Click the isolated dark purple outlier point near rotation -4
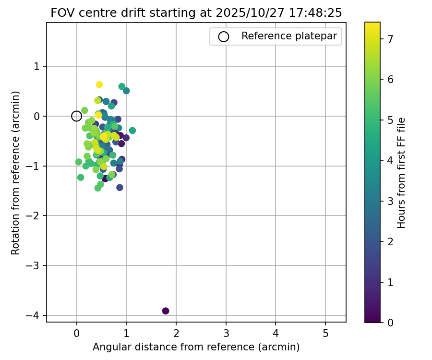(166, 311)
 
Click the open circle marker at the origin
(76, 116)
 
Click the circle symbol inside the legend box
(223, 36)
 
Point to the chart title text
(196, 13)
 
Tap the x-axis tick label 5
(325, 334)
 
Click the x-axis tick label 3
(226, 334)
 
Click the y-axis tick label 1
(37, 66)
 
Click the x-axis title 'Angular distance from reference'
(196, 347)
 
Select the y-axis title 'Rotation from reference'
(16, 173)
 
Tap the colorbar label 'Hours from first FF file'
(402, 173)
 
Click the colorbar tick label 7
(391, 39)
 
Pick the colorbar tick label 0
(391, 323)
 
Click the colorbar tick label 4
(391, 161)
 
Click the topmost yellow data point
(99, 84)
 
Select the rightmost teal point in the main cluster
(132, 131)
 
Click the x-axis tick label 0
(76, 334)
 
